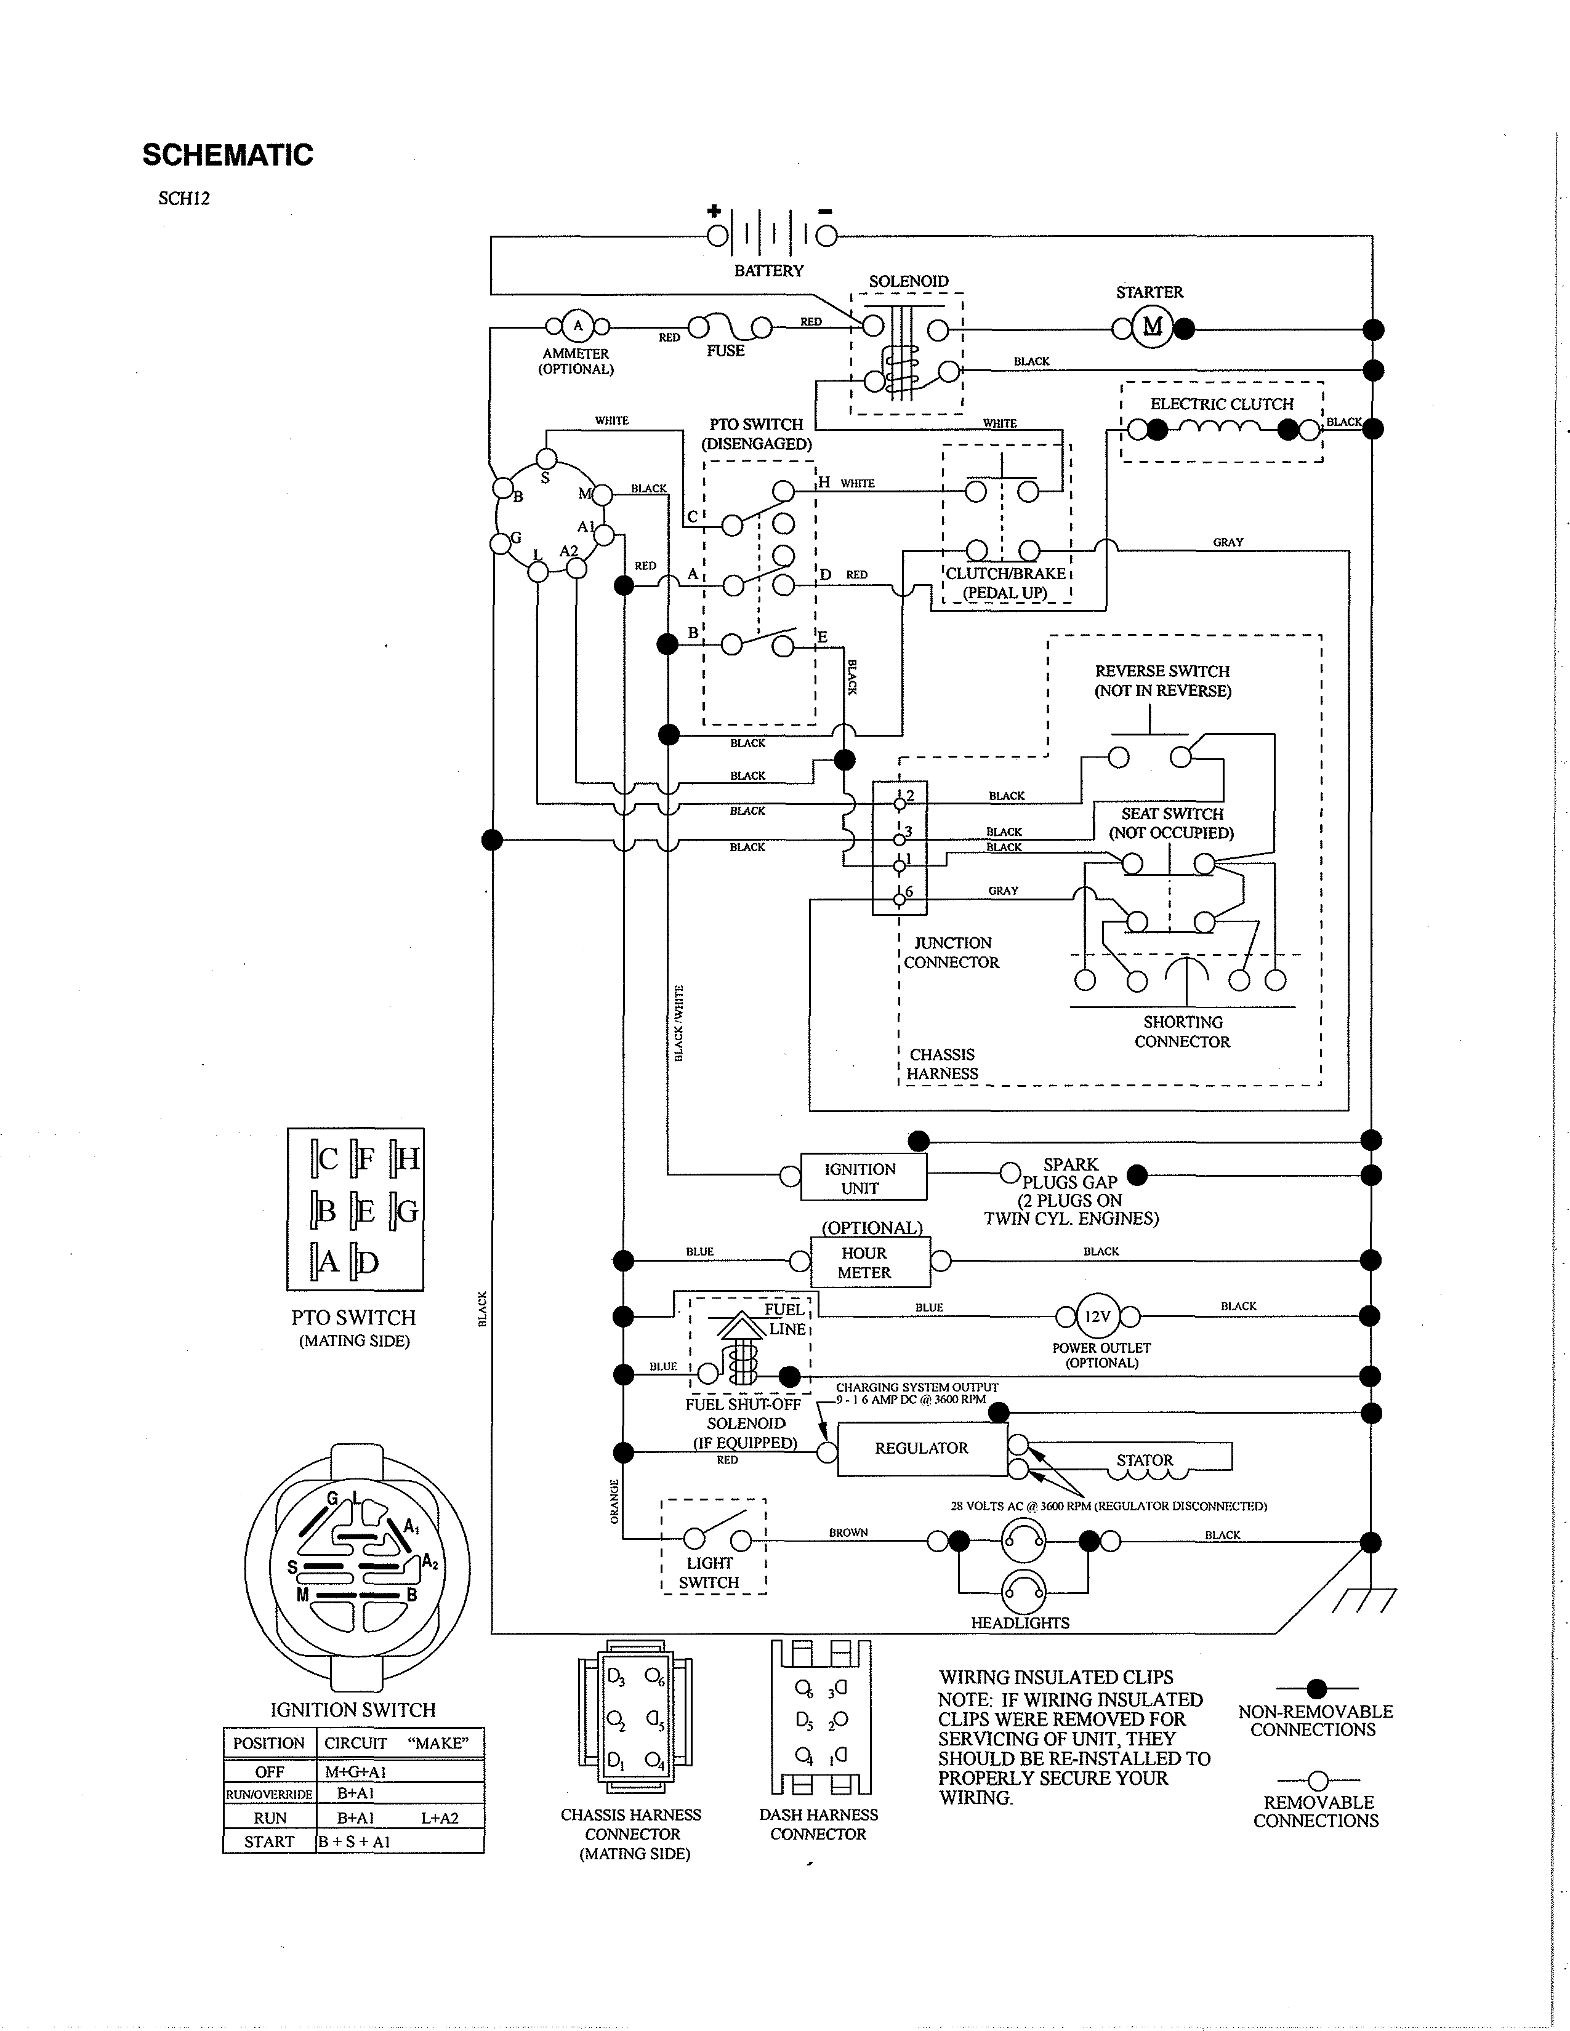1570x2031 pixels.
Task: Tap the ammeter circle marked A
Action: (x=578, y=326)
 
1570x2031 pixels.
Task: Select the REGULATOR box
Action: (x=922, y=1448)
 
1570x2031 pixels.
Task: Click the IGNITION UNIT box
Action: (x=860, y=1178)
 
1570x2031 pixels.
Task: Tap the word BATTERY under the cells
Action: (x=768, y=271)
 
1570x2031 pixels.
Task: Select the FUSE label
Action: (x=725, y=351)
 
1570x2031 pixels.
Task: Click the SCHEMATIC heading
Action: (x=228, y=155)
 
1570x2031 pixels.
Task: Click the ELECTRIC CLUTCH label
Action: (x=1222, y=404)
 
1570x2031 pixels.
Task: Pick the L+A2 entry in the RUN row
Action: (x=440, y=1817)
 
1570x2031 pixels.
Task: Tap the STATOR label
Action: (x=1144, y=1460)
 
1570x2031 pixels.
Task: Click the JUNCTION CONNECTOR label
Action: (x=951, y=952)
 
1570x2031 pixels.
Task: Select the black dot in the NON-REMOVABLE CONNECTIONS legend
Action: (x=1316, y=1688)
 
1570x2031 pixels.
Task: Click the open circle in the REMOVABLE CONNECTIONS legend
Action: (x=1317, y=1780)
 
